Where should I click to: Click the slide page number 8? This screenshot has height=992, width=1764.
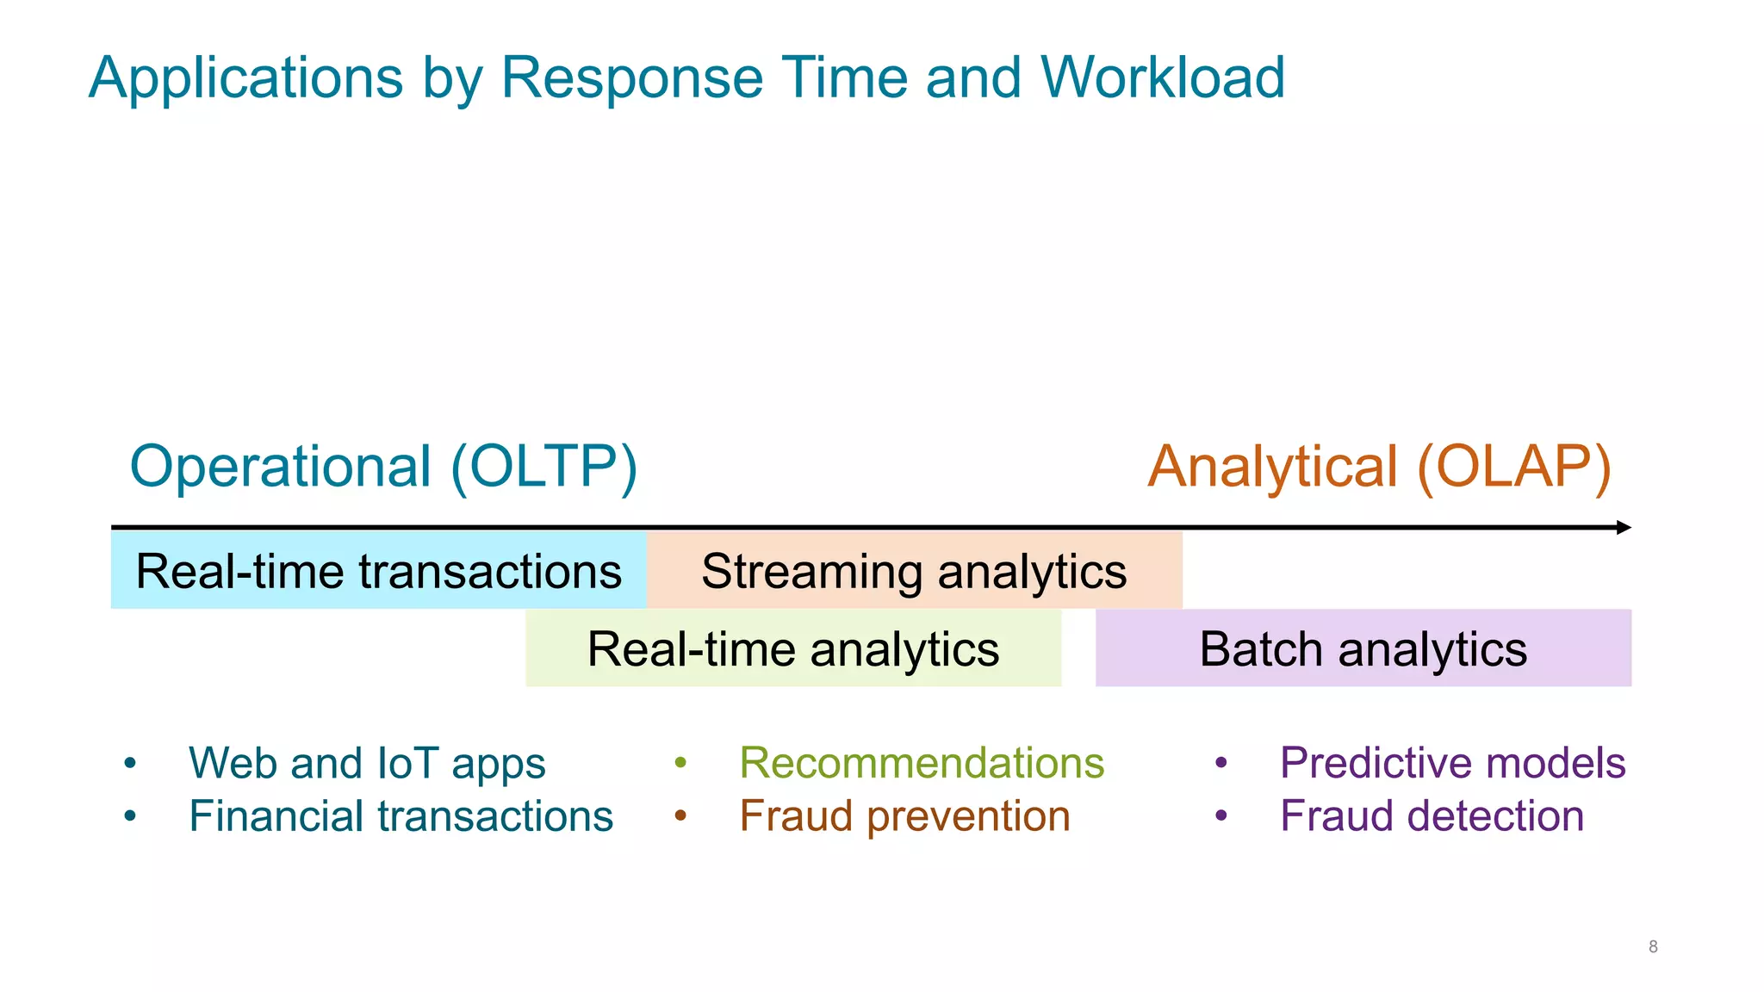coord(1653,946)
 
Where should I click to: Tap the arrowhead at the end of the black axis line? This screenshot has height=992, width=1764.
coord(1624,527)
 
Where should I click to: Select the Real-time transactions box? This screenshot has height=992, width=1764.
coord(378,571)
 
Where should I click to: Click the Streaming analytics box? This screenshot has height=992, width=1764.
coord(914,571)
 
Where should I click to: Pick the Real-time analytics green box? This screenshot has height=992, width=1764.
coord(792,648)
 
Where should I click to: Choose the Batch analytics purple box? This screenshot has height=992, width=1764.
coord(1363,648)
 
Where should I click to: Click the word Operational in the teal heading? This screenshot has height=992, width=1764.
coord(280,466)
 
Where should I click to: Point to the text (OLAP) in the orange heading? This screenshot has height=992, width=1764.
coord(1513,466)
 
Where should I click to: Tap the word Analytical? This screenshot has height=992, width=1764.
coord(1272,466)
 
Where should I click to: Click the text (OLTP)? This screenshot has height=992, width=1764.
coord(543,466)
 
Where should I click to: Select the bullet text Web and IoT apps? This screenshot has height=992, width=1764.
coord(367,763)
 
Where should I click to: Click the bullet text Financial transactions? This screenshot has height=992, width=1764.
coord(401,815)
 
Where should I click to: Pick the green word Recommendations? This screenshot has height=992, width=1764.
coord(922,763)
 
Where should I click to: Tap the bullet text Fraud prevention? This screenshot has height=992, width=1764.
coord(904,815)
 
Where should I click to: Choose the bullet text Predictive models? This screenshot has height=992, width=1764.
coord(1452,763)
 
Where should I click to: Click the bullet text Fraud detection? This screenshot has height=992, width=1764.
coord(1432,815)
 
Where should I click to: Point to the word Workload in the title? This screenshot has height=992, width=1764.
coord(1162,77)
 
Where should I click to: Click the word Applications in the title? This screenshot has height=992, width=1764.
coord(245,77)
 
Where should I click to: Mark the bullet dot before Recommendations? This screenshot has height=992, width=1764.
coord(680,763)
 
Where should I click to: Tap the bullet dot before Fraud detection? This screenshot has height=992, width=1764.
coord(1221,815)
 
